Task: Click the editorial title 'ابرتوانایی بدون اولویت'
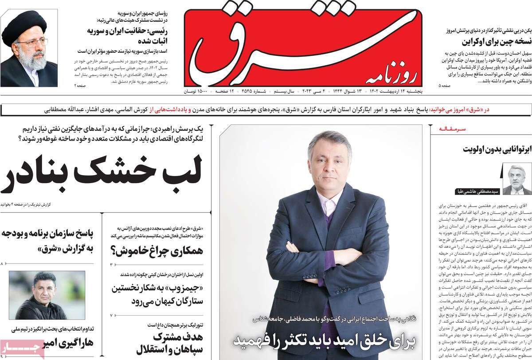[497, 149]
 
